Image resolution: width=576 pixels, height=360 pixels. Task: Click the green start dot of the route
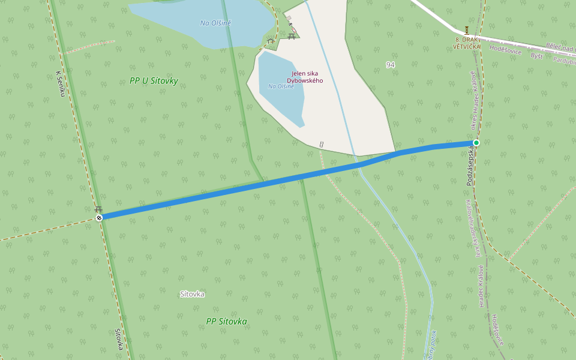pos(476,142)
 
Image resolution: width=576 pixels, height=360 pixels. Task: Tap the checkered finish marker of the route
pos(99,217)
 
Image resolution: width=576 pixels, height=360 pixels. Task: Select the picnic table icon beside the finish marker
pos(98,209)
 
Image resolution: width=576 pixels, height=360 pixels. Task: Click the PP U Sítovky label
pos(154,80)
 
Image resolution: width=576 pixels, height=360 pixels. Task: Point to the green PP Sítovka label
pos(226,322)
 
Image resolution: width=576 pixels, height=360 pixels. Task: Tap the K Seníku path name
pos(59,83)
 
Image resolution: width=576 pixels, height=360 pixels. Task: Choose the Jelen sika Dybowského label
pos(305,77)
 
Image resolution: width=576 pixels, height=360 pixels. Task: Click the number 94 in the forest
pos(391,64)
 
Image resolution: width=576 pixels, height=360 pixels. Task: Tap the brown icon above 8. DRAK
pos(467,30)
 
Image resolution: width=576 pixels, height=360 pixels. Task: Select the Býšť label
pos(537,55)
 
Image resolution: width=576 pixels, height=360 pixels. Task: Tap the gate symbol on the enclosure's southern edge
pos(322,144)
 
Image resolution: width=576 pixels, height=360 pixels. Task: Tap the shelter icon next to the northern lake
pos(271,41)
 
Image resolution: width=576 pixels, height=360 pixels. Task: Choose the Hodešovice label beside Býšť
pos(506,49)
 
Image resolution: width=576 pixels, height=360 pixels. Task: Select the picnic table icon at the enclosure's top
pos(292,36)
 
